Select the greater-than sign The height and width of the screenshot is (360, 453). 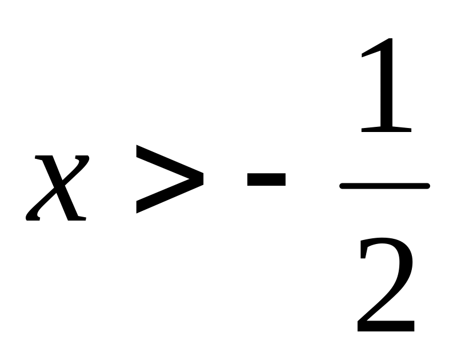pos(170,179)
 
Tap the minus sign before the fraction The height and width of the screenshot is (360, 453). pos(266,179)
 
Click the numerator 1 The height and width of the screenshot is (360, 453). pos(386,85)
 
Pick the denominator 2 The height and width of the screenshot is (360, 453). pos(386,285)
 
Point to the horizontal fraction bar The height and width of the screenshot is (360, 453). pos(385,186)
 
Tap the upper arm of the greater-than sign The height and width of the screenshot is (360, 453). pos(169,162)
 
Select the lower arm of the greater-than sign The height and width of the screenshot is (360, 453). pos(169,197)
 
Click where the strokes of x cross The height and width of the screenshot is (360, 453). pos(59,186)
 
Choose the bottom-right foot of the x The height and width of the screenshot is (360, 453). pos(77,218)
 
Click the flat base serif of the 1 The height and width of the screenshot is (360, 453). pos(386,130)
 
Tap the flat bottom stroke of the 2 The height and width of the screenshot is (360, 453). pos(386,326)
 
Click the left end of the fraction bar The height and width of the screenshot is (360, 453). pos(341,186)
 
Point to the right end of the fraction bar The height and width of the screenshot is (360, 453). pos(429,186)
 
